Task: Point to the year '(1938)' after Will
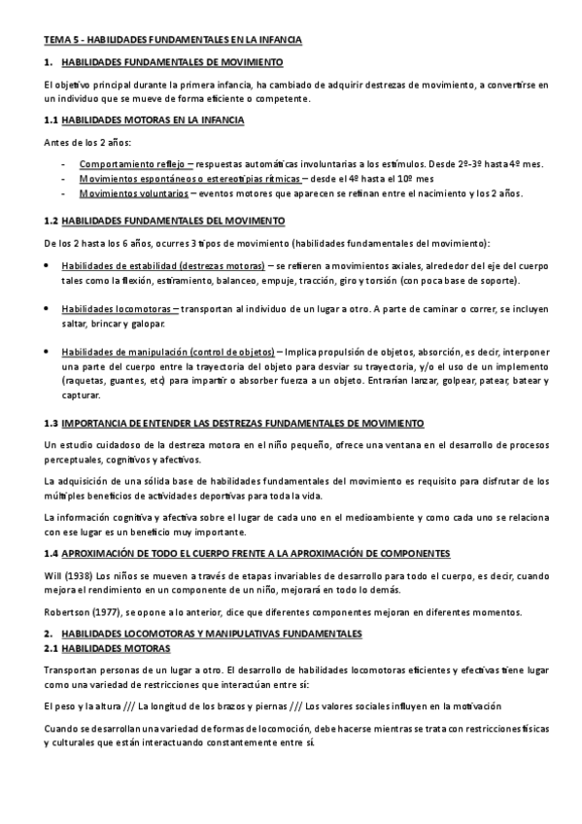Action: tap(82, 574)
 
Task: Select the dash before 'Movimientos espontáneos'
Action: tap(65, 179)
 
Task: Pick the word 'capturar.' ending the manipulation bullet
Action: tap(81, 395)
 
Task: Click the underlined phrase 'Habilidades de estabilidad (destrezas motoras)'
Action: tap(162, 265)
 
